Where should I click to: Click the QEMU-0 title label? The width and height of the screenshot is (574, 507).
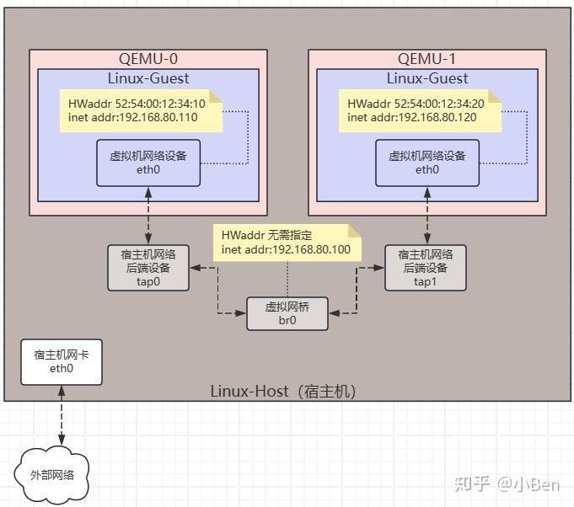coord(148,59)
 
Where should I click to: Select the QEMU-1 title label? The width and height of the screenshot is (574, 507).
coord(427,59)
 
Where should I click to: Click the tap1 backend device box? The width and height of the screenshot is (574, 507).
coord(426,268)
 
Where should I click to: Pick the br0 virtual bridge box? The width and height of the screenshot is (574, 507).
coord(287,313)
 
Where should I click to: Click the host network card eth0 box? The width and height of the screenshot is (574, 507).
coord(62,361)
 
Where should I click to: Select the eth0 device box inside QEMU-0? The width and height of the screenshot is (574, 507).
coord(148,163)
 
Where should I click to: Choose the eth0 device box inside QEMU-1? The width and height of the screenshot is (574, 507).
coord(427,163)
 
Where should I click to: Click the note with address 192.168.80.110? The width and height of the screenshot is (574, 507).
coord(141,111)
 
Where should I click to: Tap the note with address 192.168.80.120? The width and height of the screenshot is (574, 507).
coord(420,111)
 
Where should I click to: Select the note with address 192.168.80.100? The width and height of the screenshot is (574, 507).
coord(287,243)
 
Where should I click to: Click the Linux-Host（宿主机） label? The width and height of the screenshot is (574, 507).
coord(283,392)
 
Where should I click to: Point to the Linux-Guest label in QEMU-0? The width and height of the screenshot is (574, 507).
coord(148,78)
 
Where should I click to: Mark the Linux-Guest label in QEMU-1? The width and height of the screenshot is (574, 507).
coord(427,78)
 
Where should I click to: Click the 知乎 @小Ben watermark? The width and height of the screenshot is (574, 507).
coord(506,483)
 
